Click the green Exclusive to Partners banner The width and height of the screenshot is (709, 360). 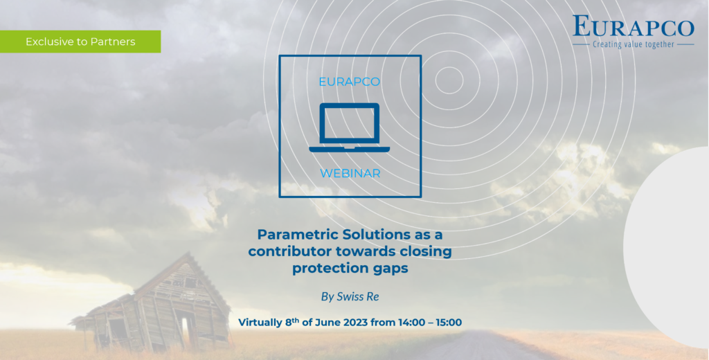click(80, 42)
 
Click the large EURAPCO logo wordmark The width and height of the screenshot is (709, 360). click(633, 27)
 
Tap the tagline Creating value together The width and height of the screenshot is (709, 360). click(633, 44)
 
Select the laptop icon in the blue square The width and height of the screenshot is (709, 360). click(350, 127)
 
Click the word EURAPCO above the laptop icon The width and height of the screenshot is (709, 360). click(350, 82)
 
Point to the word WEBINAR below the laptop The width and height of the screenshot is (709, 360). click(350, 173)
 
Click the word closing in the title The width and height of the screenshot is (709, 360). click(423, 252)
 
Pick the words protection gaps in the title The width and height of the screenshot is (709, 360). click(350, 269)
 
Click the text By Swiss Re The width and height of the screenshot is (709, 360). click(350, 297)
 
